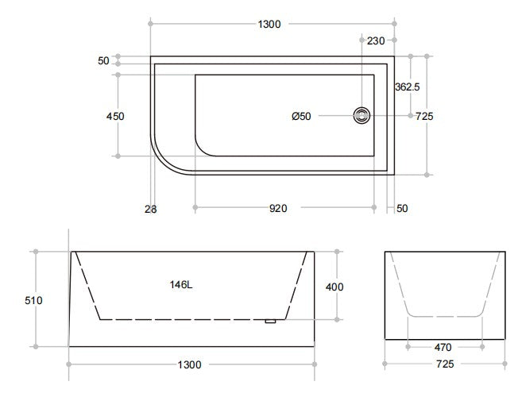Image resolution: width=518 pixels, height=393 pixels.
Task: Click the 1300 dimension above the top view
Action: point(269,25)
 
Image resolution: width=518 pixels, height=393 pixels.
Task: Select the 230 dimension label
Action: point(377,41)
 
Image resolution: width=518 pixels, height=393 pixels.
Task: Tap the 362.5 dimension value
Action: point(407,87)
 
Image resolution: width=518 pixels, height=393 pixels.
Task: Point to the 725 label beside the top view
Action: point(424,116)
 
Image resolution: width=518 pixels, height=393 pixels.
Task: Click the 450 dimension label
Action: point(115,116)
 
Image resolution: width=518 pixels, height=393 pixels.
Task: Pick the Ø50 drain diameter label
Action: point(301,116)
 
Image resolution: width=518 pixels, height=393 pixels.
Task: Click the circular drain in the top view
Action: point(361,116)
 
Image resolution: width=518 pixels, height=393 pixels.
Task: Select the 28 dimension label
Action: point(151,209)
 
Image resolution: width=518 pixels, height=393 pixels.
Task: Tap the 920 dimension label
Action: point(278,209)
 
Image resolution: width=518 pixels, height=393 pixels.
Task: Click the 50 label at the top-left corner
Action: point(104,61)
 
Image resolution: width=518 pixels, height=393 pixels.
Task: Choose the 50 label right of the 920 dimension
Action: point(401,209)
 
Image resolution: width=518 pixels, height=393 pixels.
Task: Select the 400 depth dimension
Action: point(334,287)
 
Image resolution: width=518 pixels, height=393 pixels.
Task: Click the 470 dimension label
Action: point(444,347)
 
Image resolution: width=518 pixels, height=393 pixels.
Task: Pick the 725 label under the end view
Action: point(444,364)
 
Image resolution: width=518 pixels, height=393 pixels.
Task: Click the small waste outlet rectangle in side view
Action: point(270,321)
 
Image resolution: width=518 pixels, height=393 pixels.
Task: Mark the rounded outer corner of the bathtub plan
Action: point(164,159)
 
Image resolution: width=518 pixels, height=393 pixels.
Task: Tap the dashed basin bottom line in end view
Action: point(444,317)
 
